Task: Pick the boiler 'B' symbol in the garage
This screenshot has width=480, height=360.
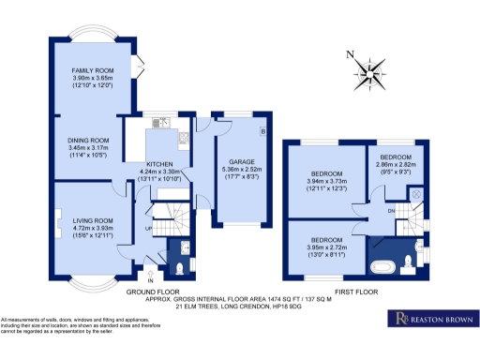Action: (263, 131)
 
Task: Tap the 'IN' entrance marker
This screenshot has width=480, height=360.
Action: (150, 278)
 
